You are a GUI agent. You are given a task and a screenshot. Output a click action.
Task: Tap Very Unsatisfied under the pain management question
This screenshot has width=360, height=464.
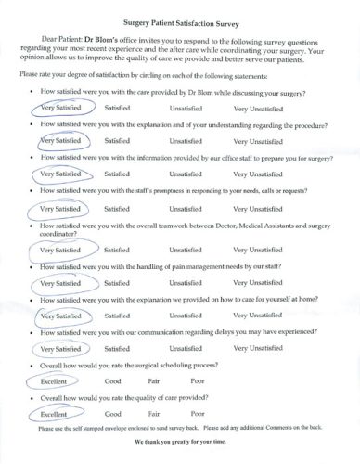tap(257, 282)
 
